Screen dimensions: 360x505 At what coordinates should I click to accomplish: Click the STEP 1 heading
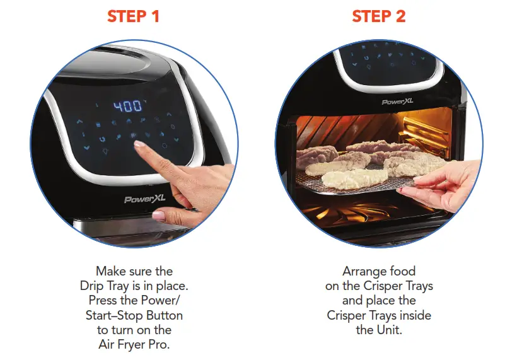coord(133,16)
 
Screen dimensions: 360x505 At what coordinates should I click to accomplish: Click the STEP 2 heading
coord(378,16)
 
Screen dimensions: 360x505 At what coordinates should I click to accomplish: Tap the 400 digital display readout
coord(127,107)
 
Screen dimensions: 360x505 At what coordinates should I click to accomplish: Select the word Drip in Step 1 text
coord(93,286)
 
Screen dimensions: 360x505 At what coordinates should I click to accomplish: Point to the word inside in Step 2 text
coord(414,315)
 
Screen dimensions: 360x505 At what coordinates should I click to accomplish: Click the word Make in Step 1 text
coord(110,271)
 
